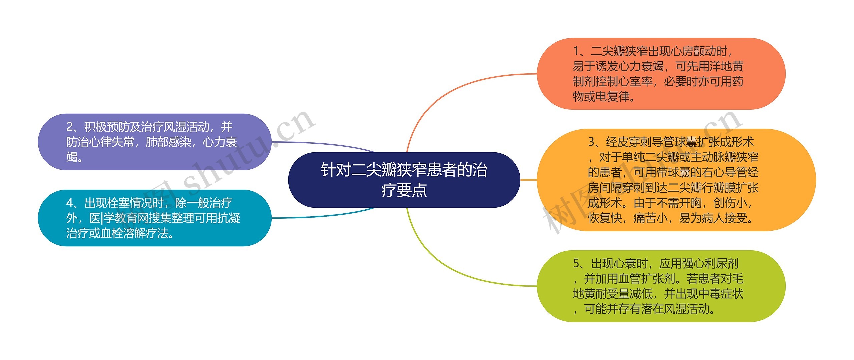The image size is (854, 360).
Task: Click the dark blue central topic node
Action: pos(404,180)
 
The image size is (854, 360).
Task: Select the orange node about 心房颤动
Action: pos(661,74)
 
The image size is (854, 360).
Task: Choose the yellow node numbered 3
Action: pos(676,180)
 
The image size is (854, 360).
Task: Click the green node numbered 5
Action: pos(661,286)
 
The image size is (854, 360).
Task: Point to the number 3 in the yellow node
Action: pos(591,142)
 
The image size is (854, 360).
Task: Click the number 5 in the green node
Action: pos(576,264)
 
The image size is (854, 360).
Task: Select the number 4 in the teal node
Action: pos(70,203)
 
